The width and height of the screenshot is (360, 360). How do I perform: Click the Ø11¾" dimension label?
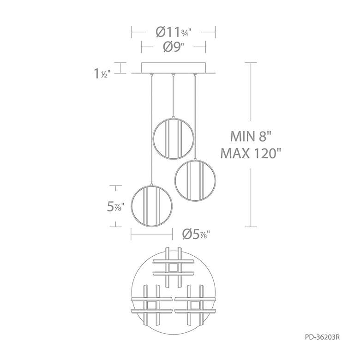[x=174, y=32]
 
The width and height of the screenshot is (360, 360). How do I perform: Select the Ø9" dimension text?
[x=174, y=47]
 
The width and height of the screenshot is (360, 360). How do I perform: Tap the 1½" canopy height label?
[x=102, y=73]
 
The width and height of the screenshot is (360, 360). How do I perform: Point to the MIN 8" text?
[x=251, y=136]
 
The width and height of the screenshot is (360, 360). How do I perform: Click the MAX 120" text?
[x=251, y=153]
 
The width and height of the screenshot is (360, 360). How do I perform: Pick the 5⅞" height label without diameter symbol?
[x=116, y=206]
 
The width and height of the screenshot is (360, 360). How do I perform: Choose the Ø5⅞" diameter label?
[x=196, y=234]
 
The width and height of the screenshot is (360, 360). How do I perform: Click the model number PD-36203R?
[x=322, y=337]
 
